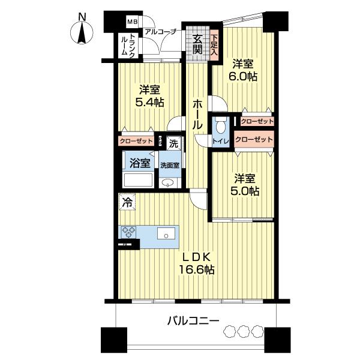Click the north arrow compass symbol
82,32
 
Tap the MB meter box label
133,22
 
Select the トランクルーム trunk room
128,46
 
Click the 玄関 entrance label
197,44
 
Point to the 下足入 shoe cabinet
214,45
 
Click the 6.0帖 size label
242,76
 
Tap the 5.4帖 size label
149,102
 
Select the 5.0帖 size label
245,191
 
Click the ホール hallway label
197,115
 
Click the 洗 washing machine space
173,143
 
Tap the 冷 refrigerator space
127,202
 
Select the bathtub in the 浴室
138,181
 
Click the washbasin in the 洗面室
167,183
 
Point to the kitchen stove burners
128,232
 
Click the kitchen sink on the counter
166,234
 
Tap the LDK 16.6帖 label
197,263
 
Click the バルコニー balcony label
193,320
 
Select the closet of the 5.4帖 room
136,141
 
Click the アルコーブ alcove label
160,32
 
